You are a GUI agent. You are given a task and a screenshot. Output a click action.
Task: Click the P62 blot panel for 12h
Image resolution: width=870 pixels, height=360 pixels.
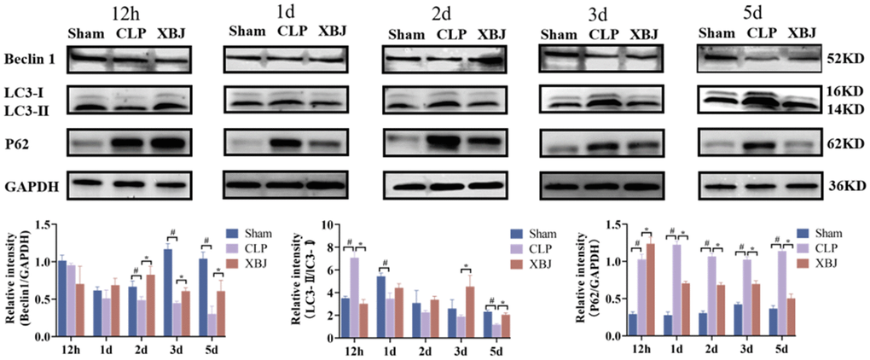coord(127,142)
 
